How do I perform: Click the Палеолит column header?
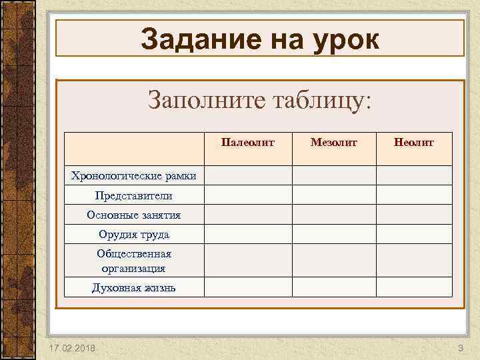tap(247, 142)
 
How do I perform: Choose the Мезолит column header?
tap(334, 142)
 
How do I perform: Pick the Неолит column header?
tap(413, 142)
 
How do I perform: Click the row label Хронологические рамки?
tap(134, 176)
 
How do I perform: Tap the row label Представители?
tap(134, 195)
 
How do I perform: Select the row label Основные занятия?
tap(134, 215)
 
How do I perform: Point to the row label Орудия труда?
tap(134, 234)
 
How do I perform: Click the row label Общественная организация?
tap(134, 261)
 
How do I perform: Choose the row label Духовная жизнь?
tap(134, 287)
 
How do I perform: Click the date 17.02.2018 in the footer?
tap(72, 349)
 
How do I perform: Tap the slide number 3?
tap(460, 349)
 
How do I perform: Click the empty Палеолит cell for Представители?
tap(247, 195)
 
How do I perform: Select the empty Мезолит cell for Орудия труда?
tap(334, 234)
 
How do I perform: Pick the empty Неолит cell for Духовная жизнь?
tap(413, 287)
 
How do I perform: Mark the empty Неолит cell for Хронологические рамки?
tap(413, 175)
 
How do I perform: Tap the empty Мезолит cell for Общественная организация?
tap(334, 261)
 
